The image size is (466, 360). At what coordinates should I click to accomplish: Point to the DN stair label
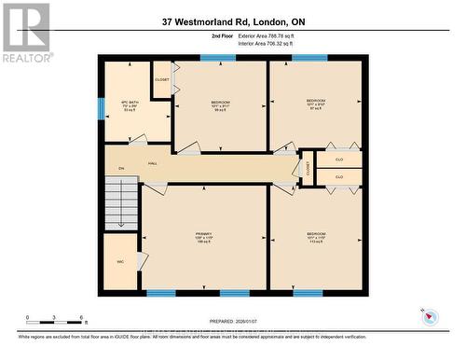tap(121, 169)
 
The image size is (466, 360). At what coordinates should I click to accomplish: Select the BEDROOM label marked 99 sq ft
tap(220, 104)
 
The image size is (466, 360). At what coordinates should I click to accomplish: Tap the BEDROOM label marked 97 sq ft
tap(315, 104)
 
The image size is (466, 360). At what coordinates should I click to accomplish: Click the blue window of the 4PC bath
tap(101, 109)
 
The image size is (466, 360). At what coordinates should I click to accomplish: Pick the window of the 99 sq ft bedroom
tap(218, 58)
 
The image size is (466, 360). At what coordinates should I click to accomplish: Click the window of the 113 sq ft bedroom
tap(308, 293)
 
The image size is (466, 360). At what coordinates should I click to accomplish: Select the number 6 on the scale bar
tap(82, 318)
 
